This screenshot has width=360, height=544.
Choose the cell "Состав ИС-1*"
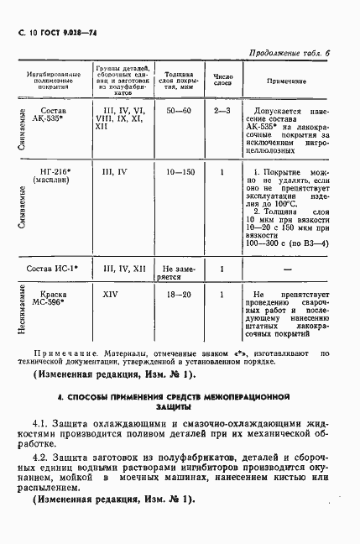pos(55,269)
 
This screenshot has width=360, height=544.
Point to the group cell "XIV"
pos(110,296)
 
